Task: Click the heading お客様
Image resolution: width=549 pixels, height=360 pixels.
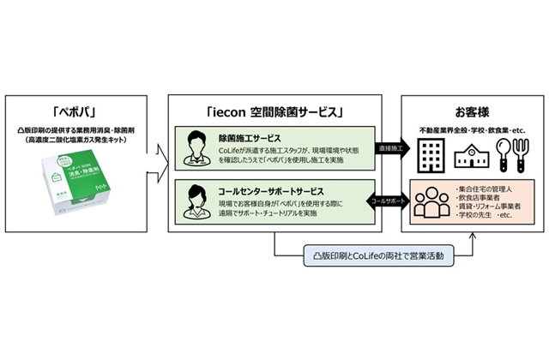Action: click(473, 111)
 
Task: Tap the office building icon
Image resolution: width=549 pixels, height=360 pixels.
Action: click(427, 153)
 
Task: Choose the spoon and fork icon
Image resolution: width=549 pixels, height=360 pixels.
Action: click(515, 153)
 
